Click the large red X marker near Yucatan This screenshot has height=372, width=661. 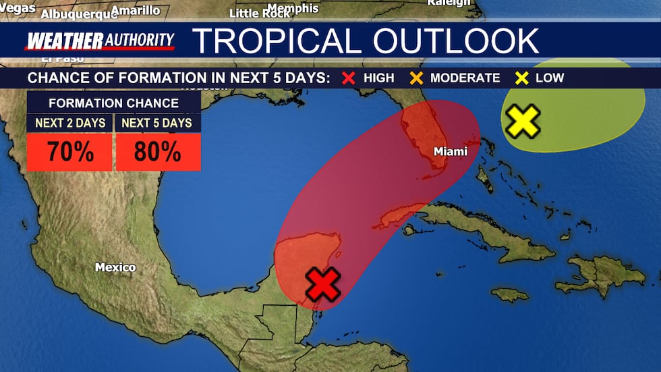[324, 284]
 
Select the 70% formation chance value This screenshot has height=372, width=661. [69, 153]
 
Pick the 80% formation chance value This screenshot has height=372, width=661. [158, 153]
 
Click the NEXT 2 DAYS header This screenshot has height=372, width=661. [69, 123]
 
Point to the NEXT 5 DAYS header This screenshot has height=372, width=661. [158, 123]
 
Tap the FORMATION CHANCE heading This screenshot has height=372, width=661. [113, 103]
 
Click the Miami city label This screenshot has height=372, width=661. [450, 152]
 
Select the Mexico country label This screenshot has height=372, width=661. [115, 267]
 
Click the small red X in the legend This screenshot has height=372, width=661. [349, 78]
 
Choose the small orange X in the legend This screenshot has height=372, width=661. [415, 78]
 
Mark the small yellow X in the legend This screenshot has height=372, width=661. [521, 78]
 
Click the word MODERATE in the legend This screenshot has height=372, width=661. [465, 78]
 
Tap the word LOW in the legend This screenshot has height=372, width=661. [550, 78]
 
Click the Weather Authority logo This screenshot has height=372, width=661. [99, 41]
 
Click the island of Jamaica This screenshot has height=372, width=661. [509, 294]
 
